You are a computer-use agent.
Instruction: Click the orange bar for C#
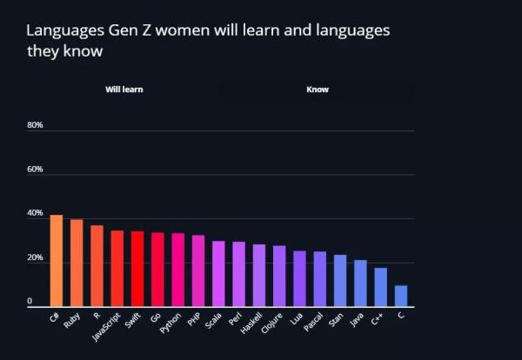point(57,261)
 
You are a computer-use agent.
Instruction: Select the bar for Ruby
point(77,263)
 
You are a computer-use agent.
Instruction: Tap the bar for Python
point(177,270)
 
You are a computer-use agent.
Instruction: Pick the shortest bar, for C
point(400,296)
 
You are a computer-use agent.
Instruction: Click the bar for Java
point(360,283)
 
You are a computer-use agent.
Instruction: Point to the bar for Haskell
point(258,276)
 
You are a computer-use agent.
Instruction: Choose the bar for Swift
point(137,269)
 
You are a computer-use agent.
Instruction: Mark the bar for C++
point(380,287)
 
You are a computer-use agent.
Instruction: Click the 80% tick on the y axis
point(36,125)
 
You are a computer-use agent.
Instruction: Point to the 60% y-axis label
point(36,170)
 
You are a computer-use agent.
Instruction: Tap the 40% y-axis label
point(36,214)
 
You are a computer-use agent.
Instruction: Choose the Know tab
point(318,90)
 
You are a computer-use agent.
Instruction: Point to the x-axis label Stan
point(337,321)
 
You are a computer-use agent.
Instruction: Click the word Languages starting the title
point(64,30)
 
